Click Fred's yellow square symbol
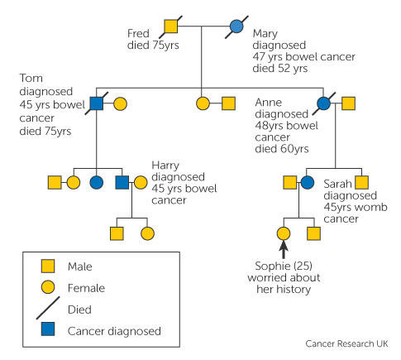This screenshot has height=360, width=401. point(171,26)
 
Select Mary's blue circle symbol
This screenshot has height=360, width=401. point(236,26)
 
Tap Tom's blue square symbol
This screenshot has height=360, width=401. point(97,103)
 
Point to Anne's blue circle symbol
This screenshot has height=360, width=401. point(323,103)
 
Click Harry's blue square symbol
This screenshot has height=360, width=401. point(122,182)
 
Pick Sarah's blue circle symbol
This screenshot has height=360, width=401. point(307,182)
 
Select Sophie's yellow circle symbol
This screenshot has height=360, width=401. point(284,233)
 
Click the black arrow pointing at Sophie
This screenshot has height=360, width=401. point(284,250)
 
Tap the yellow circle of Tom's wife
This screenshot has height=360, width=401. point(120,103)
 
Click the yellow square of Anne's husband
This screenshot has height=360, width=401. point(348,103)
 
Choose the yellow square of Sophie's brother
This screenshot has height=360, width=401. point(313,233)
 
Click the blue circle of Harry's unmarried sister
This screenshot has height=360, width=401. point(97,182)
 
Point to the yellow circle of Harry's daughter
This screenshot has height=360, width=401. point(147,233)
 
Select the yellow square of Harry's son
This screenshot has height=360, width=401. point(117,233)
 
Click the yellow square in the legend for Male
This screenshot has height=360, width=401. point(48,266)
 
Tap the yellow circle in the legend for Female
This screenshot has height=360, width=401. point(48,287)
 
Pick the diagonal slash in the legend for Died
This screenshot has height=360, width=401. point(48,308)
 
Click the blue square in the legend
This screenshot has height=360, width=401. point(48,329)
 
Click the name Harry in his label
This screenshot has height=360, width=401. point(165,166)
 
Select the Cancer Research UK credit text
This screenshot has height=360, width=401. point(346,343)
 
